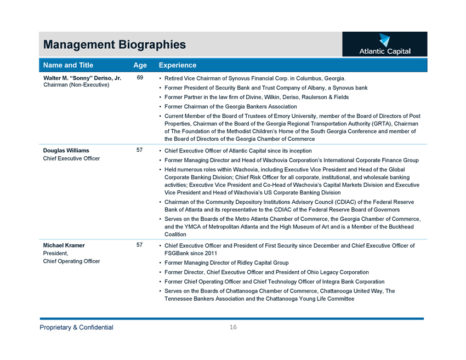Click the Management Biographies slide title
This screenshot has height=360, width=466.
[115, 44]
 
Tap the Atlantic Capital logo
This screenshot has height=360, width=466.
[384, 45]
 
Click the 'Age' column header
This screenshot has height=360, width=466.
[140, 65]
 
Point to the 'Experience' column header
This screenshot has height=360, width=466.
[177, 65]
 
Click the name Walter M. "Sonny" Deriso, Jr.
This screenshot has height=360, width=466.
[82, 78]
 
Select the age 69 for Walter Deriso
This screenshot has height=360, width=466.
[140, 78]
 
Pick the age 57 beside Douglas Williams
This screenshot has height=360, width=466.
[140, 150]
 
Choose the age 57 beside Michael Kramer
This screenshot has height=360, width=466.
[140, 245]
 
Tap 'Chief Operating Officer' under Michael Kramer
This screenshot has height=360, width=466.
[71, 261]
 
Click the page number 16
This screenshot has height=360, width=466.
[233, 327]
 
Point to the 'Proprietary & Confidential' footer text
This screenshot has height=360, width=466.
[76, 327]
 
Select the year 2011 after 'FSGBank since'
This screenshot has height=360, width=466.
[208, 253]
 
